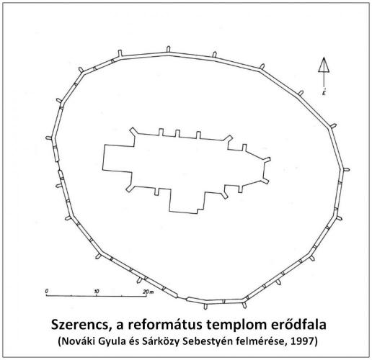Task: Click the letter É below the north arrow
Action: pos(324,92)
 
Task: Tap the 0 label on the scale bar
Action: pos(47,291)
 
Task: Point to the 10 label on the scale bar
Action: pos(97,292)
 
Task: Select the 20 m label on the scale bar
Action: pos(148,292)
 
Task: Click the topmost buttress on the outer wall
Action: pos(168,49)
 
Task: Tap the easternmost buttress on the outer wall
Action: pos(345,169)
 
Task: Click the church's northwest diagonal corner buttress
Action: pos(133,131)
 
